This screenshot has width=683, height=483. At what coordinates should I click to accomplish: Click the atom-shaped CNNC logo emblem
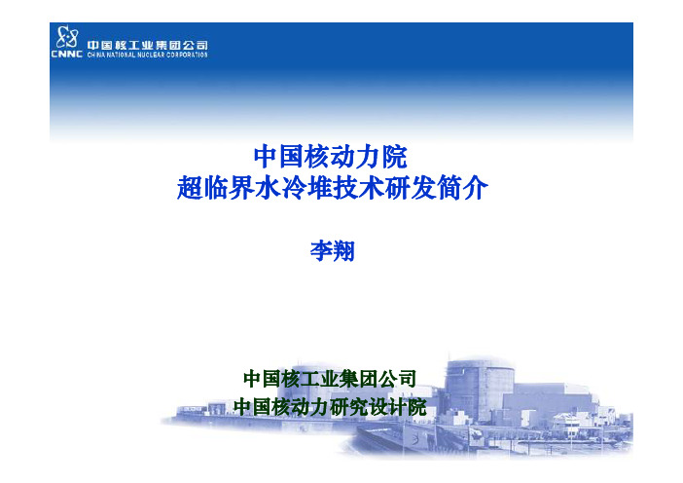click(67, 37)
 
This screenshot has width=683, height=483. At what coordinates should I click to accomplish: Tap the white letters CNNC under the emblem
click(66, 55)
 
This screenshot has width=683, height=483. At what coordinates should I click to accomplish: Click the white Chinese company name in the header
click(147, 45)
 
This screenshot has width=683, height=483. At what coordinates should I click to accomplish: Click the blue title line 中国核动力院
click(331, 157)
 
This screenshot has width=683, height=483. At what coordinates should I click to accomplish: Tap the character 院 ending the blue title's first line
click(395, 157)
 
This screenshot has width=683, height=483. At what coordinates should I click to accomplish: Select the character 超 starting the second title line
click(190, 188)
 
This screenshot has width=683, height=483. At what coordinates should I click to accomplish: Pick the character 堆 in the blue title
click(320, 188)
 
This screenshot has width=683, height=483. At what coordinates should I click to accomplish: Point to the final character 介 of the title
click(476, 188)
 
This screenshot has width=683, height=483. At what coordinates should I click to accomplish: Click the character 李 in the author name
click(321, 251)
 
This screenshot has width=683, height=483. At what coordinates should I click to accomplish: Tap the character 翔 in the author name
click(343, 251)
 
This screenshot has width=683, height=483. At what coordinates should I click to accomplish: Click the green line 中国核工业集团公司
click(330, 379)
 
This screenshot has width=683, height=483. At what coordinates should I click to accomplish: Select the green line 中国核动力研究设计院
click(330, 407)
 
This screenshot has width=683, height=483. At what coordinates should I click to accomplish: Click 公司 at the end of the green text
click(397, 379)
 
